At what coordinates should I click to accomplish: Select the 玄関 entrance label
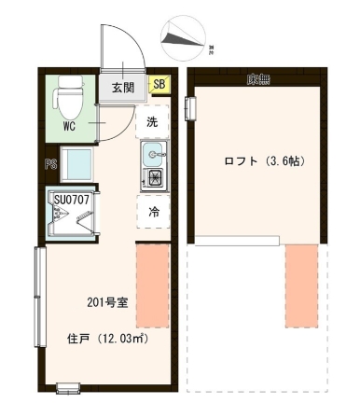pyautogui.click(x=123, y=88)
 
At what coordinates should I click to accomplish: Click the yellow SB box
pyautogui.click(x=159, y=86)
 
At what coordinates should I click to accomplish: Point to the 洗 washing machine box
pyautogui.click(x=153, y=121)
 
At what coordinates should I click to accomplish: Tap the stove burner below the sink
pyautogui.click(x=154, y=176)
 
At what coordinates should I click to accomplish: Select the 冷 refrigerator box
pyautogui.click(x=153, y=213)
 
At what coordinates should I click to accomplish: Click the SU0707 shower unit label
pyautogui.click(x=71, y=198)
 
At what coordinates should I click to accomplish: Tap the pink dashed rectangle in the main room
pyautogui.click(x=153, y=272)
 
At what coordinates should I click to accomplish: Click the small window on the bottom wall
pyautogui.click(x=68, y=387)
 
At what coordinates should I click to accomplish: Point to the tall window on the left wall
pyautogui.click(x=37, y=297)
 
